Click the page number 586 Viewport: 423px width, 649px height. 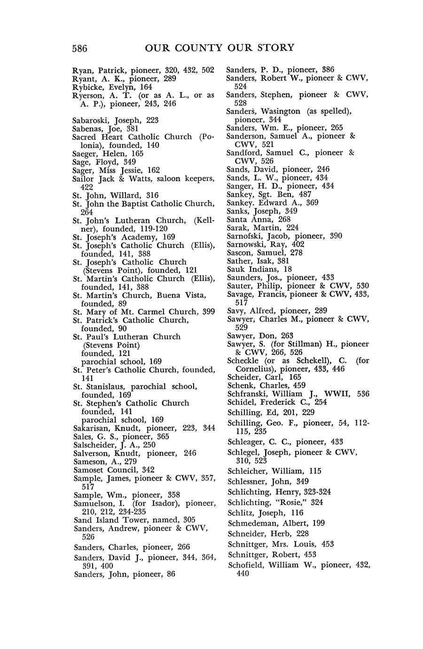80,48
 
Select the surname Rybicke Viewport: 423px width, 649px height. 88,87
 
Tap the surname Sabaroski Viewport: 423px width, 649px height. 92,120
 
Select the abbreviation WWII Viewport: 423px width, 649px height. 335,394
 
